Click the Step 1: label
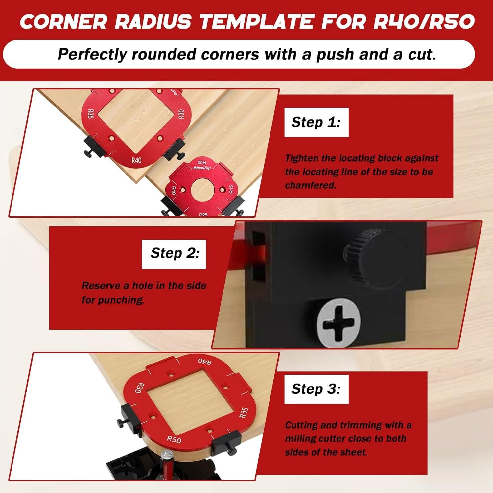tap(316, 122)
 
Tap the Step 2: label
tap(174, 253)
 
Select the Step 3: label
tap(316, 389)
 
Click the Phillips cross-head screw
tap(339, 324)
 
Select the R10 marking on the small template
tap(173, 190)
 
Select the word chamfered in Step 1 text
tap(311, 185)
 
